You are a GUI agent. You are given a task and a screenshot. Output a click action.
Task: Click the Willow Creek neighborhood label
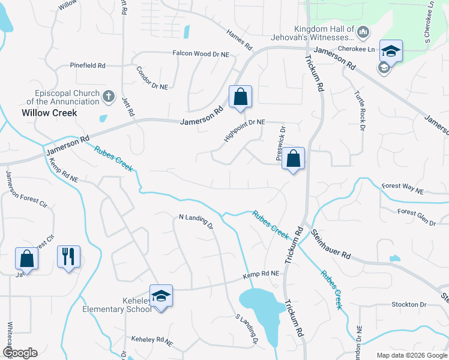tap(49, 112)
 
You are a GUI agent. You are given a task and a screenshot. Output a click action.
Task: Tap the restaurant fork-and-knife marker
tap(68, 257)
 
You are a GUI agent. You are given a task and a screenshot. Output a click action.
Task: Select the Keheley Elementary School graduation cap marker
tap(161, 296)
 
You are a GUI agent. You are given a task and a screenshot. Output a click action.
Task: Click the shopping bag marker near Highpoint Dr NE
tap(240, 97)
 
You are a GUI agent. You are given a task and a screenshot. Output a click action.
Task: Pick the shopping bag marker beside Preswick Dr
tap(294, 159)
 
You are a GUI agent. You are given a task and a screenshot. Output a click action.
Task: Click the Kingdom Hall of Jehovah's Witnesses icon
tap(363, 31)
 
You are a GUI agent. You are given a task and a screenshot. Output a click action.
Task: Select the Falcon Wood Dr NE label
tap(202, 53)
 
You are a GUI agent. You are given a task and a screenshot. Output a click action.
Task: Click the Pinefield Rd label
tap(88, 65)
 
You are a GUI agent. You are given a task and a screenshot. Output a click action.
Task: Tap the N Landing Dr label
tap(196, 221)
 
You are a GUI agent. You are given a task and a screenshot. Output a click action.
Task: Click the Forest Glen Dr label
tap(417, 217)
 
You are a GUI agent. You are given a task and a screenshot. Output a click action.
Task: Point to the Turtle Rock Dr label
tap(359, 113)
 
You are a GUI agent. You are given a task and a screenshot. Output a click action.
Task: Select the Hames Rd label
tap(240, 40)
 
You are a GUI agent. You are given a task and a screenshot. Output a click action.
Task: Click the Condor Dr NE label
tap(152, 77)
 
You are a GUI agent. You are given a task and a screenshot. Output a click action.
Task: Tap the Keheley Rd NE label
tap(152, 341)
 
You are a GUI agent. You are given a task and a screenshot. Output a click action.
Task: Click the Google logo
tap(20, 353)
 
